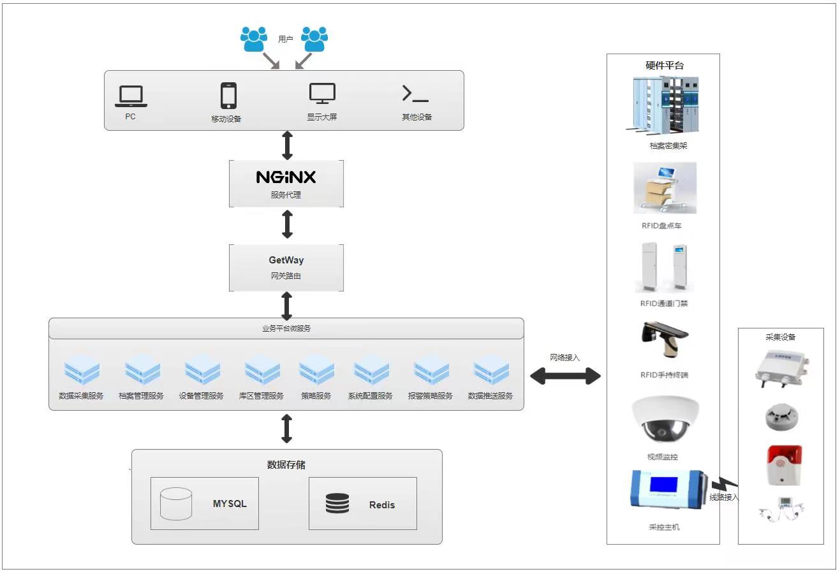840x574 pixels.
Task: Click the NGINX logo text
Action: click(286, 177)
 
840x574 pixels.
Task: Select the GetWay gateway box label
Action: click(286, 260)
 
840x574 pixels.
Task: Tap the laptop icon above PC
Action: click(131, 96)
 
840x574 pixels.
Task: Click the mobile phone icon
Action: click(228, 96)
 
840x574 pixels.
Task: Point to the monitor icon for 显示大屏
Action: click(322, 94)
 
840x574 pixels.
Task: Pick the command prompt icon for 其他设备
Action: click(415, 94)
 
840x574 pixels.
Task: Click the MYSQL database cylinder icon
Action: click(176, 504)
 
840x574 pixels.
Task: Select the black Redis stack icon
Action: click(337, 503)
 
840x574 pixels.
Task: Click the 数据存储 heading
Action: click(286, 465)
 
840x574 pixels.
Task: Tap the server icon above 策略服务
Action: click(316, 370)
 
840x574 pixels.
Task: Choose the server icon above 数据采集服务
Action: click(82, 370)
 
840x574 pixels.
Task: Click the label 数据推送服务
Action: click(490, 396)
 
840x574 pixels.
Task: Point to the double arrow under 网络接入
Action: click(565, 376)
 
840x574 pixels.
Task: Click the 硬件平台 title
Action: click(664, 65)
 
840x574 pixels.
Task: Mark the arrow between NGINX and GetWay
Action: click(287, 224)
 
